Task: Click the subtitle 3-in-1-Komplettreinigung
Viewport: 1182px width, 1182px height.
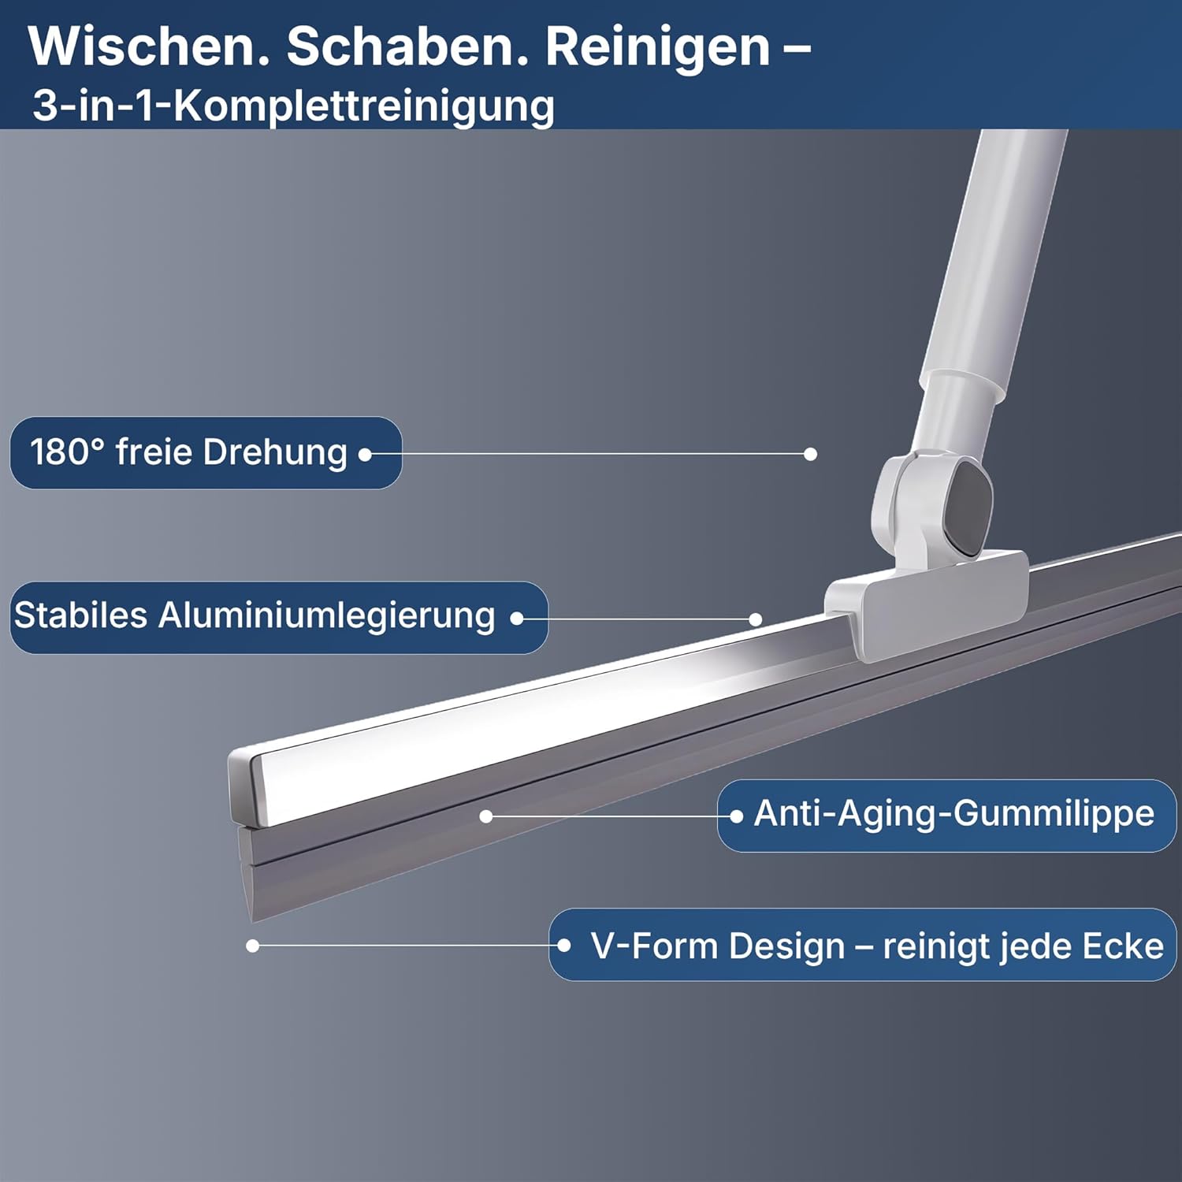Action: click(293, 106)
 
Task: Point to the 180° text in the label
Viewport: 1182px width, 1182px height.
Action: click(67, 452)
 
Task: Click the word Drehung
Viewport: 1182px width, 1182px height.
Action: click(275, 453)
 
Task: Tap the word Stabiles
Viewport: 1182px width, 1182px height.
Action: click(80, 615)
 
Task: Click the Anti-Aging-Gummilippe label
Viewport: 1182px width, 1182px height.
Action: click(953, 814)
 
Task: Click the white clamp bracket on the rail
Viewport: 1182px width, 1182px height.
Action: click(926, 603)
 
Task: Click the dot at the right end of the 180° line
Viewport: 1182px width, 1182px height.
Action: click(810, 454)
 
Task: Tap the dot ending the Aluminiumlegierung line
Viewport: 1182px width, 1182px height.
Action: click(756, 619)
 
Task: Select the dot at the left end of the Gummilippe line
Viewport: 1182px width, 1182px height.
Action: click(486, 816)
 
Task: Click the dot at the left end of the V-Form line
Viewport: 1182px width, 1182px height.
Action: click(252, 946)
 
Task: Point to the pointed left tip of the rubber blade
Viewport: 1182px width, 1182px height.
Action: click(251, 920)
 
